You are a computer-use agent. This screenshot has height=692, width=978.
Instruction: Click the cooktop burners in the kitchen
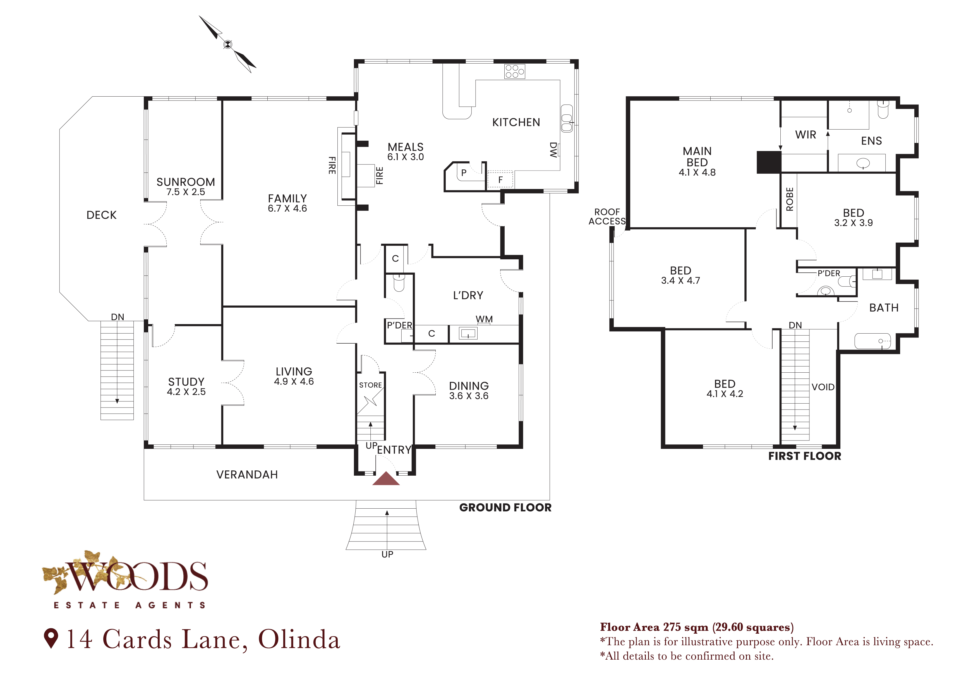(x=515, y=71)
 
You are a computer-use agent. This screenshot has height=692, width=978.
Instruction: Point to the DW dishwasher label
(x=553, y=150)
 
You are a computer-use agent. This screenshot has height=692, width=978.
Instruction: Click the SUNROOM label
(x=186, y=182)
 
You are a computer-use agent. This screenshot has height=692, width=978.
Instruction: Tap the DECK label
(x=101, y=215)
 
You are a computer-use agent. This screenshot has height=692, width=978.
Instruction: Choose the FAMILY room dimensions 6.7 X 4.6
(x=287, y=208)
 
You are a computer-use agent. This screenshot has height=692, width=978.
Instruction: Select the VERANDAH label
(x=247, y=475)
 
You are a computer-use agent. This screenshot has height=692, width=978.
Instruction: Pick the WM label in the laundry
(x=484, y=319)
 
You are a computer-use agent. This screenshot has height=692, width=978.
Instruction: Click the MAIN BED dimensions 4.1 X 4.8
(x=697, y=173)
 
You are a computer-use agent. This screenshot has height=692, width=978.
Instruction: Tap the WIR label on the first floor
(x=806, y=135)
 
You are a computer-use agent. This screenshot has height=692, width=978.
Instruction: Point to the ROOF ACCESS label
(x=607, y=216)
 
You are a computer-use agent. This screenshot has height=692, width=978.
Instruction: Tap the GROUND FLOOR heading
(x=505, y=507)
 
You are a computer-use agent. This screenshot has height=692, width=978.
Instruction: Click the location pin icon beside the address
(x=51, y=638)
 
